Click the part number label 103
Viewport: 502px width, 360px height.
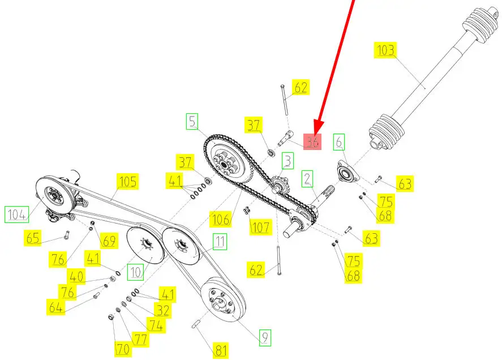(x=385, y=50)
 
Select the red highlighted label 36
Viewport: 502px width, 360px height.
(x=312, y=142)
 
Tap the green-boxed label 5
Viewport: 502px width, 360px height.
(x=192, y=121)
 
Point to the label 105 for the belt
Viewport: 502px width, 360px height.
(x=127, y=182)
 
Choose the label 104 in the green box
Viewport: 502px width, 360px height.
(x=16, y=215)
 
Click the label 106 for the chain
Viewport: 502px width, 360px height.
(x=221, y=220)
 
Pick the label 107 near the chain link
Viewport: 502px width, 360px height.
(x=260, y=227)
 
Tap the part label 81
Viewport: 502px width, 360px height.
(x=221, y=350)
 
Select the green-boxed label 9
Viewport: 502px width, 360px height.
(x=265, y=337)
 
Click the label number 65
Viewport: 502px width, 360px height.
(x=33, y=238)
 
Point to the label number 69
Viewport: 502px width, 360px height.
(x=109, y=240)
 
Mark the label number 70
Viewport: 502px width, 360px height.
(x=122, y=349)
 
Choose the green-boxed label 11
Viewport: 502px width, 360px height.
(x=220, y=242)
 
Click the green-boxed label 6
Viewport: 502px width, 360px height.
(x=339, y=142)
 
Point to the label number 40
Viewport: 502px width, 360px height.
(x=76, y=276)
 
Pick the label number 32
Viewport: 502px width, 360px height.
(x=162, y=310)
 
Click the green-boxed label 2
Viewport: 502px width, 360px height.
(x=307, y=179)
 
